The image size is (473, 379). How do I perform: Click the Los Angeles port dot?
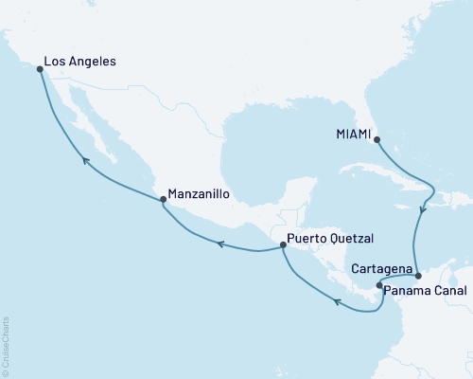[x=40, y=69]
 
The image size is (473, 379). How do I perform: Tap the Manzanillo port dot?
[x=164, y=199]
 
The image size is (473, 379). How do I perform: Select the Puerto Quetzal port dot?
[x=283, y=246]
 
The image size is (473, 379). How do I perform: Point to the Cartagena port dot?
[x=417, y=276]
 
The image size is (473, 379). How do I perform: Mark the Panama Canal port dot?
[x=379, y=285]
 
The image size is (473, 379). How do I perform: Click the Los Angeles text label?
[x=81, y=63]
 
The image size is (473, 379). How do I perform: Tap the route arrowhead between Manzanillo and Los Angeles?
[x=85, y=161]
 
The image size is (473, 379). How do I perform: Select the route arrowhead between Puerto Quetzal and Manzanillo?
[x=219, y=244]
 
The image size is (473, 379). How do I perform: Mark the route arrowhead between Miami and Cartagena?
[x=423, y=210]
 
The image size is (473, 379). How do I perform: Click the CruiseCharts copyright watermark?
[x=6, y=346]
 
